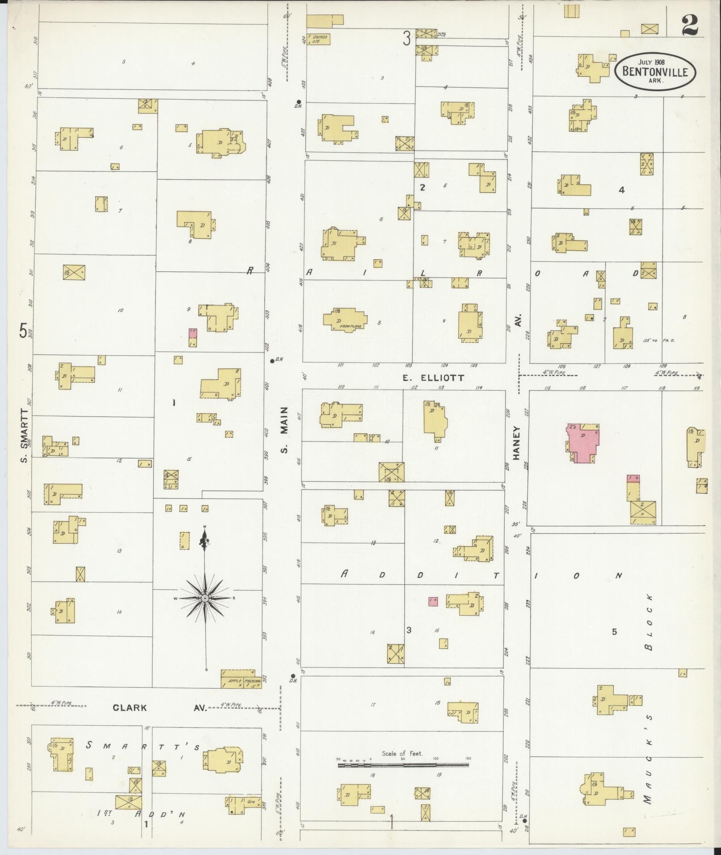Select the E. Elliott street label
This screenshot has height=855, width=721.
click(x=433, y=378)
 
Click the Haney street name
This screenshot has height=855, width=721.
click(x=518, y=443)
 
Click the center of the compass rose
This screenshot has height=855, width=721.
click(x=205, y=598)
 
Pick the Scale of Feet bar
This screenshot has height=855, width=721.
click(x=403, y=765)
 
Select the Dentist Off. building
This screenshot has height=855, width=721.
click(x=318, y=39)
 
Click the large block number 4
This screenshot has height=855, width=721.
click(x=621, y=190)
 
